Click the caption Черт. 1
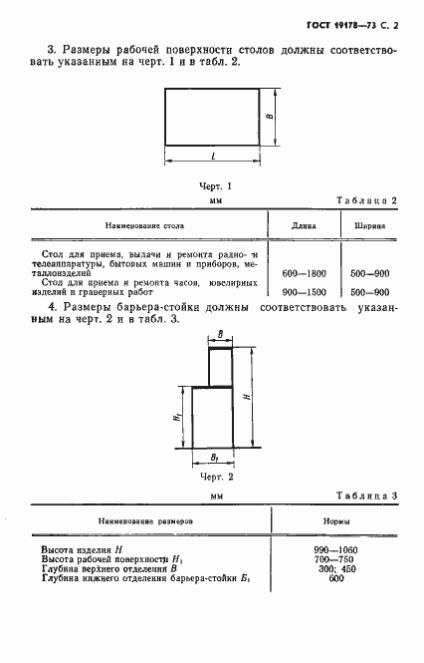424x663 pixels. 216,185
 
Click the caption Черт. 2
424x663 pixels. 216,478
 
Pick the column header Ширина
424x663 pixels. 370,226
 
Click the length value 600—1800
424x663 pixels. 304,272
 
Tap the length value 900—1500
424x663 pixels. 304,291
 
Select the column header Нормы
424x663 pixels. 334,520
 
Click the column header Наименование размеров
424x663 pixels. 146,520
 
